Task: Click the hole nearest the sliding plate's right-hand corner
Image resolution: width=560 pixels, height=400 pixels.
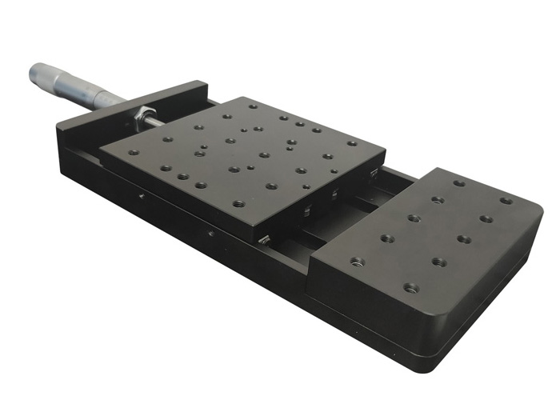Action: click(351, 144)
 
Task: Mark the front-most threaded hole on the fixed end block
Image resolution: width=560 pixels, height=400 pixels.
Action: click(411, 287)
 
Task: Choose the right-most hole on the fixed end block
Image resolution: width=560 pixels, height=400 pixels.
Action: click(505, 201)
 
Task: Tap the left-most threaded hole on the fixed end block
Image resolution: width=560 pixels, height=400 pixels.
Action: click(357, 262)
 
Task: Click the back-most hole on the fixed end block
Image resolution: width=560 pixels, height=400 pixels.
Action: click(459, 183)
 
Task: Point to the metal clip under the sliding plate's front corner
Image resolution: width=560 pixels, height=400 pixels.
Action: click(263, 238)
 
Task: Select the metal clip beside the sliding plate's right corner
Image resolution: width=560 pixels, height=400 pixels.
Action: click(373, 171)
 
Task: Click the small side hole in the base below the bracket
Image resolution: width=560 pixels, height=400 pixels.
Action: click(141, 194)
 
